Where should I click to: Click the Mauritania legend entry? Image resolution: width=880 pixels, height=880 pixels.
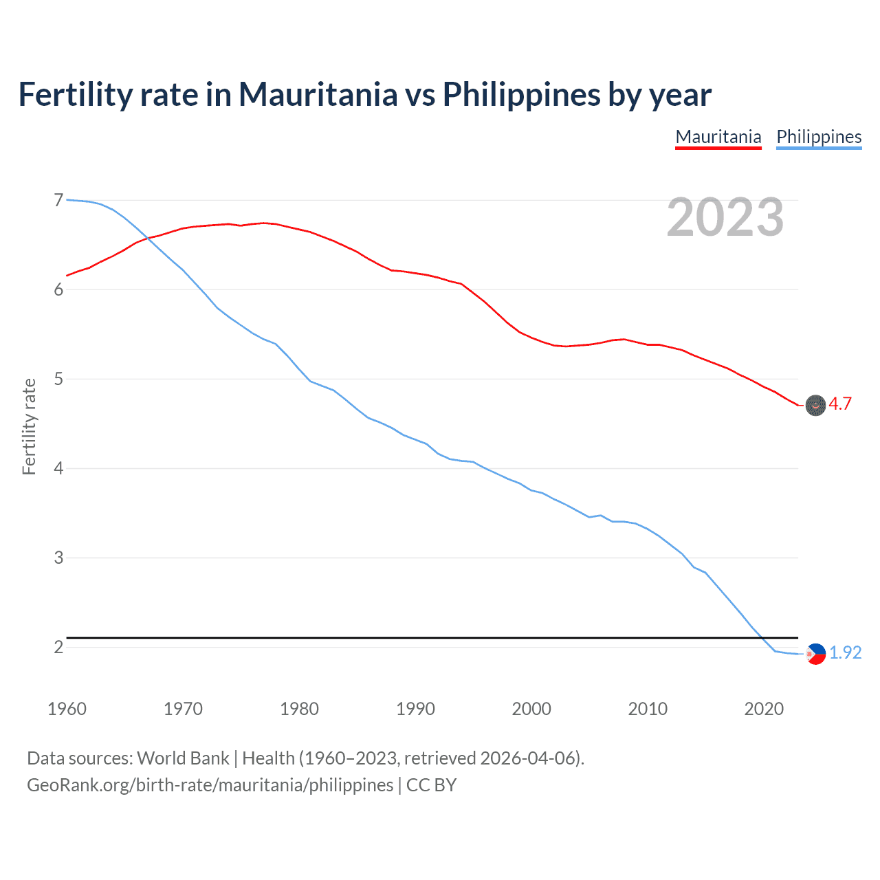718,137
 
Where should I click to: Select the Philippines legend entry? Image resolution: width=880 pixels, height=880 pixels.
819,137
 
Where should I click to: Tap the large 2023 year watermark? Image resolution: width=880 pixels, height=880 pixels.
725,217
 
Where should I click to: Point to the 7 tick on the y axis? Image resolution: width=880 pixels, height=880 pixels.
58,200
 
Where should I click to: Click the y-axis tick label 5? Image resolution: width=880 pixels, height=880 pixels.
58,379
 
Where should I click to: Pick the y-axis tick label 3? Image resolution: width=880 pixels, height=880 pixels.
58,558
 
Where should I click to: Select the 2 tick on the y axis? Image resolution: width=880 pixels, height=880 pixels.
58,647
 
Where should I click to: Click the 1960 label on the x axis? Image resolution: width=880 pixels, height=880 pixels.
67,709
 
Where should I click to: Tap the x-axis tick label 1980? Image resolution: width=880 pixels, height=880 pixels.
299,709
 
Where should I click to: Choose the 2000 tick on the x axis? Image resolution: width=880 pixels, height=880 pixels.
531,709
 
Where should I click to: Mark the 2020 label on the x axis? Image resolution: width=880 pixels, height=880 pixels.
764,709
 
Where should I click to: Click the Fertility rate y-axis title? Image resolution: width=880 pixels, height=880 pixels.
29,426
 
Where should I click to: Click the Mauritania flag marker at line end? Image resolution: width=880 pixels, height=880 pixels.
815,406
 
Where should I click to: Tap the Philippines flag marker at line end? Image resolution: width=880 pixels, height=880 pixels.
815,654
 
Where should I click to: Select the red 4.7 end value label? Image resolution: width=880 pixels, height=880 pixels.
840,404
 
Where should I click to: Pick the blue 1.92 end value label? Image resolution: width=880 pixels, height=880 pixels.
846,652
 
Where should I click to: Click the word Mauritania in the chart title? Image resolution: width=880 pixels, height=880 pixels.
318,94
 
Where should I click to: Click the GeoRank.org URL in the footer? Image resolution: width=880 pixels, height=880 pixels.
210,785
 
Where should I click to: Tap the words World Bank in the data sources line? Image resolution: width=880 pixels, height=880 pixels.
183,758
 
